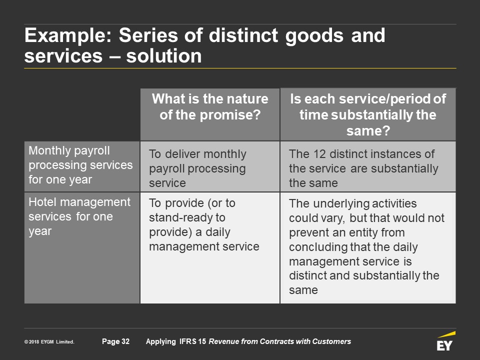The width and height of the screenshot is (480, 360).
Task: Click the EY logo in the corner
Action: (x=445, y=341)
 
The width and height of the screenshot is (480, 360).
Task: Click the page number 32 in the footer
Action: (x=115, y=341)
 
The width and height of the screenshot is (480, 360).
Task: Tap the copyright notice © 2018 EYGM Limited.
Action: (x=49, y=342)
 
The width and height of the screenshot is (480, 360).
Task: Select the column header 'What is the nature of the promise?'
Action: (x=210, y=107)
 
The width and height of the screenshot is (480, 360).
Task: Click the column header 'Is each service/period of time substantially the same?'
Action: (x=368, y=115)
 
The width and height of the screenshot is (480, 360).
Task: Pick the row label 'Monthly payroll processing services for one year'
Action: (x=80, y=165)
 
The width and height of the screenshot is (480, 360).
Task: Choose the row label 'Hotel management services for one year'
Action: (x=79, y=216)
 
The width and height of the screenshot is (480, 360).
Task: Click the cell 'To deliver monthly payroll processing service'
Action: (x=197, y=168)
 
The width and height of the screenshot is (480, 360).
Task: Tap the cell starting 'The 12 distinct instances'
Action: (x=363, y=168)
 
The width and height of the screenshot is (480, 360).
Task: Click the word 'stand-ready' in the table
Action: (x=187, y=217)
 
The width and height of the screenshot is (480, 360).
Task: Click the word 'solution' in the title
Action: (x=164, y=56)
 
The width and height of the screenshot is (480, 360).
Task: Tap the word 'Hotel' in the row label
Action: (x=42, y=202)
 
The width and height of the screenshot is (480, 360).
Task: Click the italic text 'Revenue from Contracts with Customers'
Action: (x=280, y=341)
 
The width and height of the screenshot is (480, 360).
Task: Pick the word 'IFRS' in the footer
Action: (x=188, y=341)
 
